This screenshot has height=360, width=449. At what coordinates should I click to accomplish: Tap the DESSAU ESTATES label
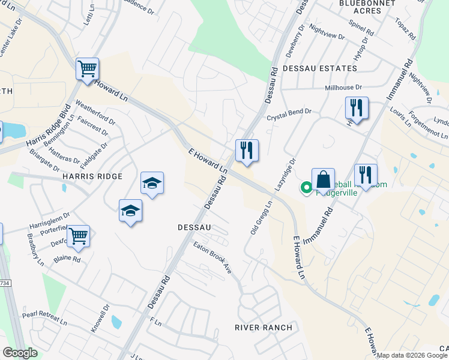tap(312, 68)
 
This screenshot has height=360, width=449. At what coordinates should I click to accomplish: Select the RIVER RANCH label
tap(264, 328)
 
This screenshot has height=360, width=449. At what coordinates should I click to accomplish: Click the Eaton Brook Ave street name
tap(212, 259)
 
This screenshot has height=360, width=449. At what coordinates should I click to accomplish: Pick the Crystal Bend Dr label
tap(289, 112)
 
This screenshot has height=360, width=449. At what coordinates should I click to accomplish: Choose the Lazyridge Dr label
tap(286, 175)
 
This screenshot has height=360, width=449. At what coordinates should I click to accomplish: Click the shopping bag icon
tap(323, 178)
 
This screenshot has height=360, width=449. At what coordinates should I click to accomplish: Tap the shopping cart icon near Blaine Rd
tap(78, 235)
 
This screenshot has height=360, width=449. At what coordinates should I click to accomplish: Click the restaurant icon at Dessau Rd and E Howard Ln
tap(247, 150)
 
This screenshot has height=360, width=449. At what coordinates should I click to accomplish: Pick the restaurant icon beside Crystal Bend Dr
tap(357, 108)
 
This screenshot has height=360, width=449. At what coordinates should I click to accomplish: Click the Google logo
tap(20, 353)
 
